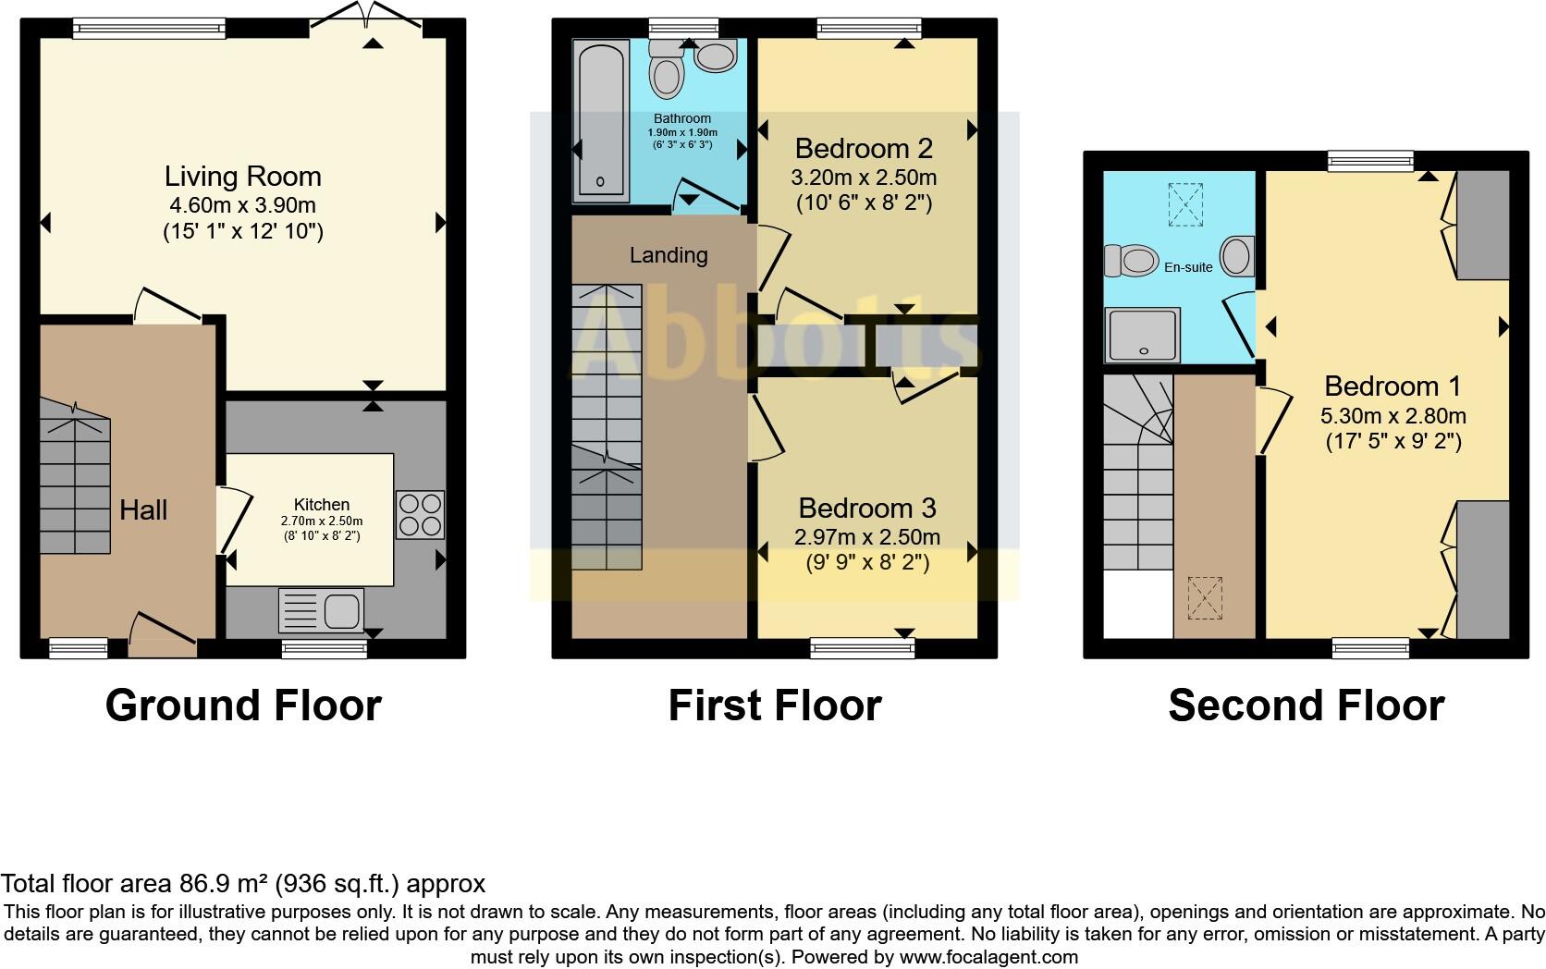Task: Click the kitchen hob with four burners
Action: (x=420, y=514)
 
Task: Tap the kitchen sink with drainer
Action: (x=321, y=610)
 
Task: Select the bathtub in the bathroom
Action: (x=602, y=120)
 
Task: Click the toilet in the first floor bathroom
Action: (x=667, y=69)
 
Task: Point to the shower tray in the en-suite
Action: (x=1143, y=334)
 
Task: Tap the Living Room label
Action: (x=242, y=177)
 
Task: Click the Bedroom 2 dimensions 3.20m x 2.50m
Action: (x=865, y=178)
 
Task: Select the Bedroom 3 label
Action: (x=866, y=508)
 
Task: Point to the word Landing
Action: (x=669, y=255)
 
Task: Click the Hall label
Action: (x=143, y=509)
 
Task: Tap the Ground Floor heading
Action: (x=243, y=705)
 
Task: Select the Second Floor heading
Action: (x=1306, y=705)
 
